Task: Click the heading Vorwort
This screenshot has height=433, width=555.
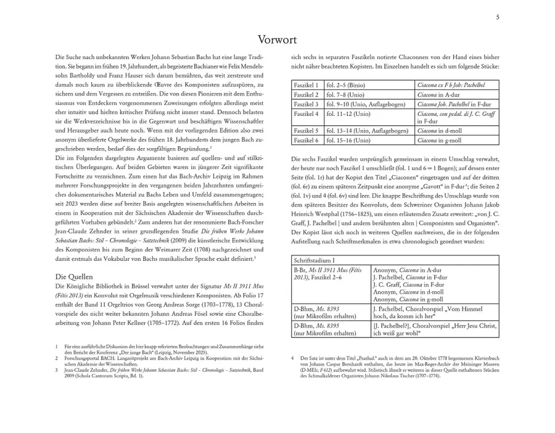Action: tap(277, 40)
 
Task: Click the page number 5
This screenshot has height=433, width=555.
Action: tap(498, 17)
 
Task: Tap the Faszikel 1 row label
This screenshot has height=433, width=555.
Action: tap(306, 85)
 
